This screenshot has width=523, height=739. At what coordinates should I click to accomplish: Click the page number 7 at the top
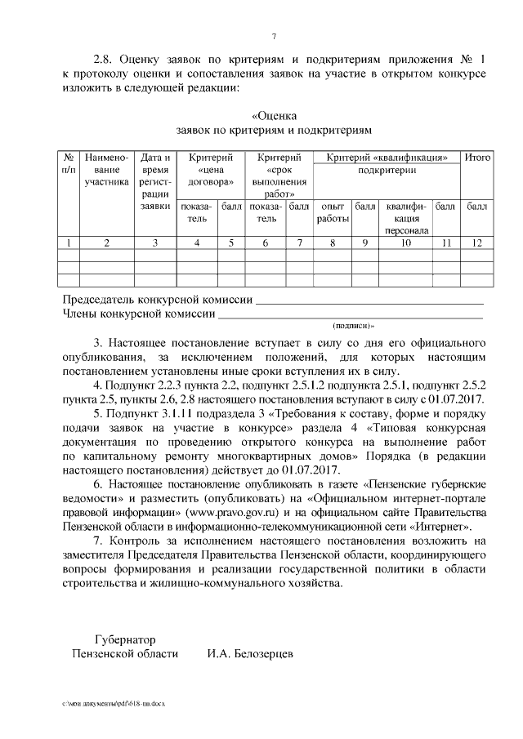click(x=275, y=36)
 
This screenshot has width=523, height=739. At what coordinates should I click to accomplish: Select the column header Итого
click(x=476, y=157)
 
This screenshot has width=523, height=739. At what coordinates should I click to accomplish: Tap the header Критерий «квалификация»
click(x=386, y=157)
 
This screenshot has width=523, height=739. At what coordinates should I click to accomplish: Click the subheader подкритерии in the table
click(x=386, y=171)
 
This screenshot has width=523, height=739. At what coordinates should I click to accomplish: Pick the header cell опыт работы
click(x=332, y=213)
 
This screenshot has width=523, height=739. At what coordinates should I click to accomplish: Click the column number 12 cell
click(x=476, y=243)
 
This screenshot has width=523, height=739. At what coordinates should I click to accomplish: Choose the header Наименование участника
click(x=106, y=169)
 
